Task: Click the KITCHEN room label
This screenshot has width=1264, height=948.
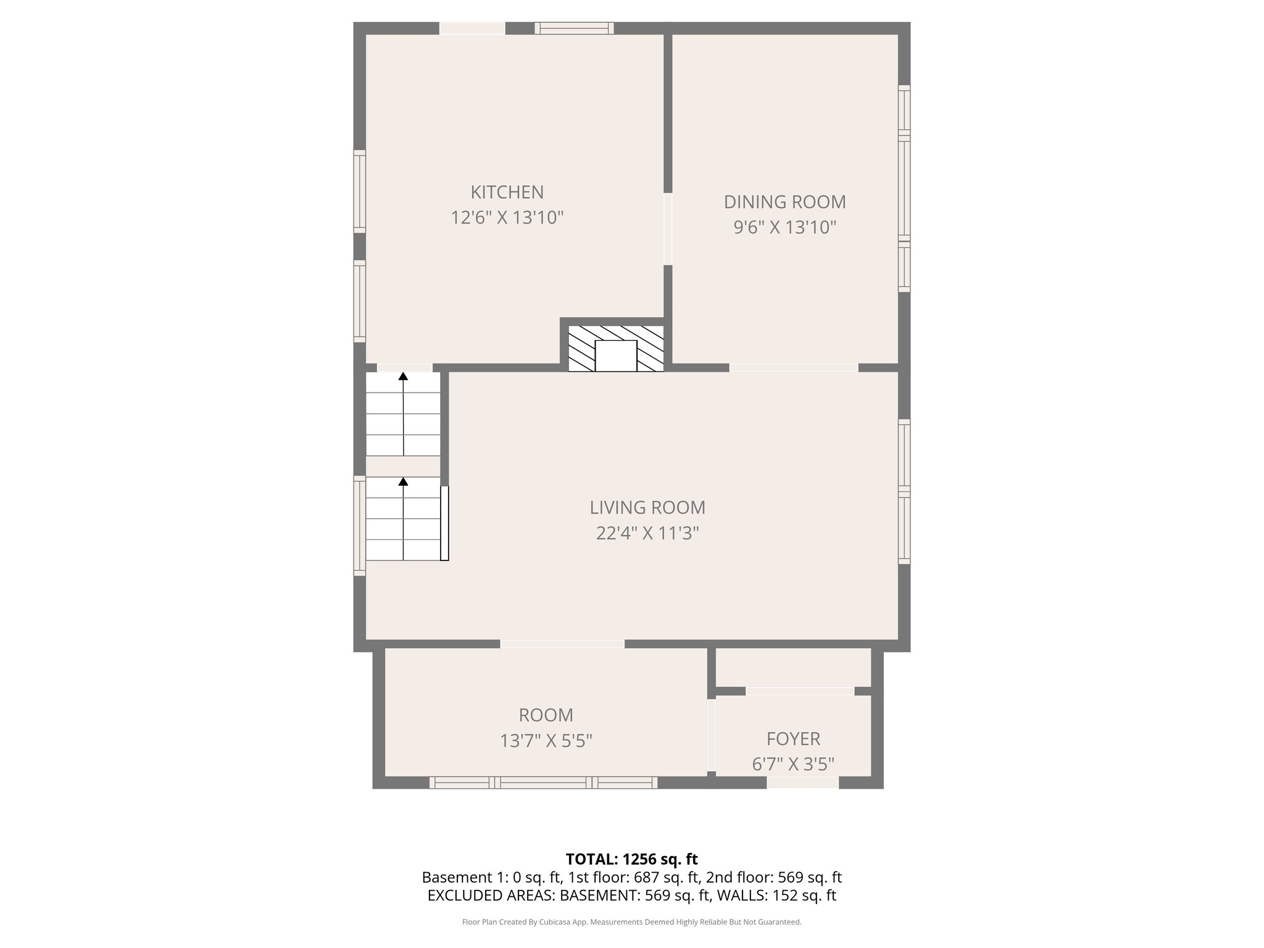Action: [507, 193]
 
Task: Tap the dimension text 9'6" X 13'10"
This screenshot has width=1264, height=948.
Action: [784, 228]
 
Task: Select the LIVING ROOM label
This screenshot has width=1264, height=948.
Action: [647, 507]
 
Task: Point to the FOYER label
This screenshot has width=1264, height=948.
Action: [793, 739]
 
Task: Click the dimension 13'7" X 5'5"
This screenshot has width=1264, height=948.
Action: [546, 741]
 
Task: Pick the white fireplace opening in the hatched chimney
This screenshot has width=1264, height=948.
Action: [615, 356]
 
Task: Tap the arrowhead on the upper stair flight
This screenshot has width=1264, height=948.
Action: [403, 376]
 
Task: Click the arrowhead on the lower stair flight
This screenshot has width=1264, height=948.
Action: [403, 481]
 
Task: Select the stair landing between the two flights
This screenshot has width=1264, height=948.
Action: [403, 466]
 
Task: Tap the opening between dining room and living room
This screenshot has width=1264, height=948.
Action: [793, 368]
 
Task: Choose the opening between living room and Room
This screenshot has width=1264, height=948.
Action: [562, 644]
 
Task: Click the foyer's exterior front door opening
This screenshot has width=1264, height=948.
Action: [802, 783]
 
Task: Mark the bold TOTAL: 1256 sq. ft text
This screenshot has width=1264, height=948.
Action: [631, 859]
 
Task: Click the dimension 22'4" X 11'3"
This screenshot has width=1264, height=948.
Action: [647, 533]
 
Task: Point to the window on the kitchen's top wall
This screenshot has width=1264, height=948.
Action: [574, 28]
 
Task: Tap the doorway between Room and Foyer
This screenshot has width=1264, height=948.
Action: [712, 735]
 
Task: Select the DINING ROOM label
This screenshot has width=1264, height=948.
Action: [784, 202]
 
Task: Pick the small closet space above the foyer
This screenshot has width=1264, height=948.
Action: [793, 667]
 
